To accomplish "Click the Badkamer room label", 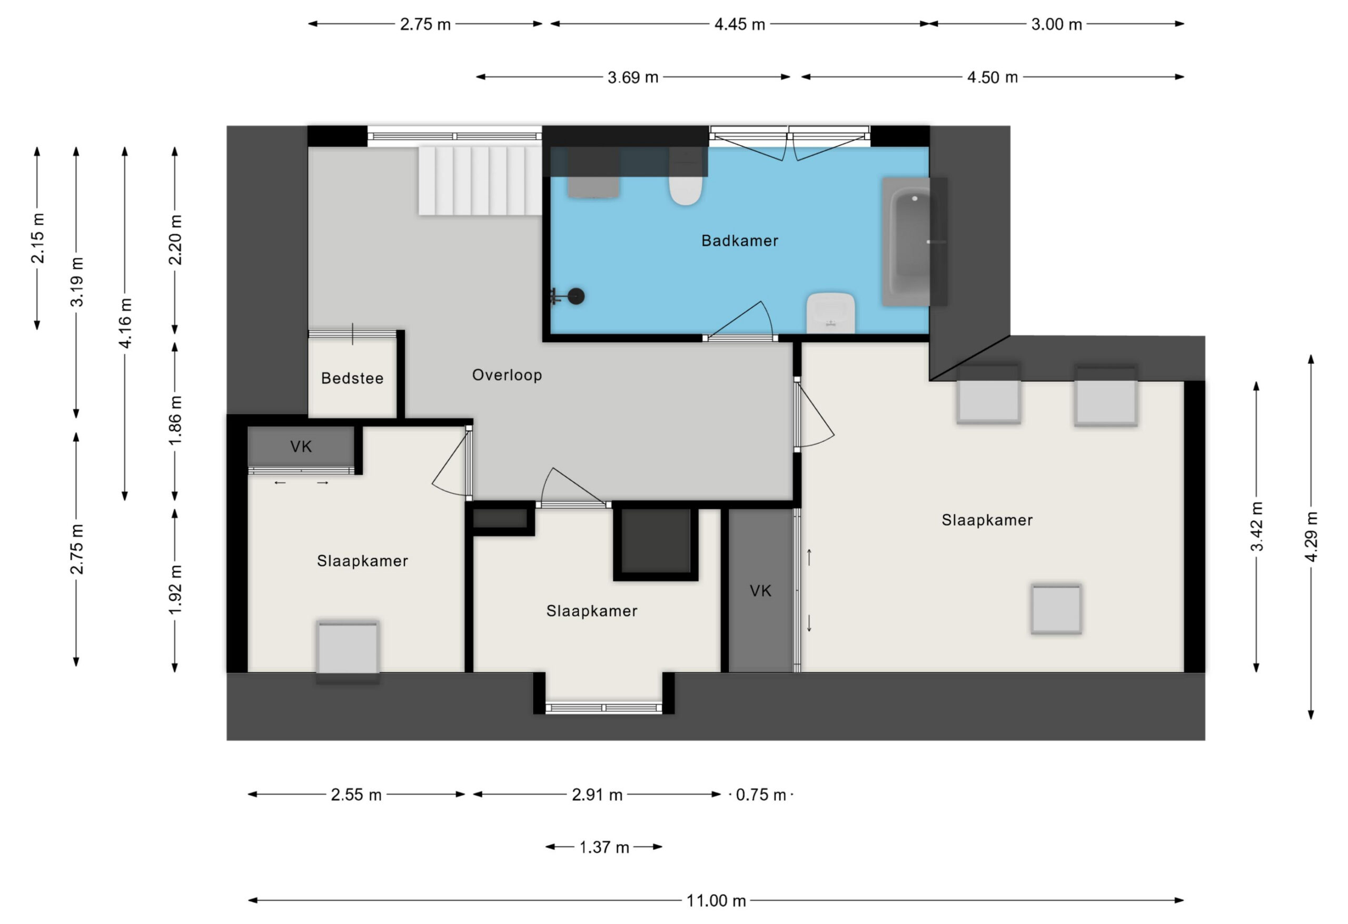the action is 739,241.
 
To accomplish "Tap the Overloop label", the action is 507,375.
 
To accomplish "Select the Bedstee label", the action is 352,378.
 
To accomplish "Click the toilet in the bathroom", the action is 686,177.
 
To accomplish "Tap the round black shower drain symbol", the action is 576,296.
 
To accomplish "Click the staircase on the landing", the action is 480,181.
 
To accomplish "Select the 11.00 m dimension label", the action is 716,901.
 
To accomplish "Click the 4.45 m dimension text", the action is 739,24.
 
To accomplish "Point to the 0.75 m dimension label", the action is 760,794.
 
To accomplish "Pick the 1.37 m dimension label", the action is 604,848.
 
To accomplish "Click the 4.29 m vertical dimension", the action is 1311,537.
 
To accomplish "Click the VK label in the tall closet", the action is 760,591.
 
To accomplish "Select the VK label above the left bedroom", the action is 301,446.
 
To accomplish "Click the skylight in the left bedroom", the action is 348,651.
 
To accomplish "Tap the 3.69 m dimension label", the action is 633,77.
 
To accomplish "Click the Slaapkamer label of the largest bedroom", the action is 987,520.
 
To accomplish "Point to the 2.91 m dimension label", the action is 597,794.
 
